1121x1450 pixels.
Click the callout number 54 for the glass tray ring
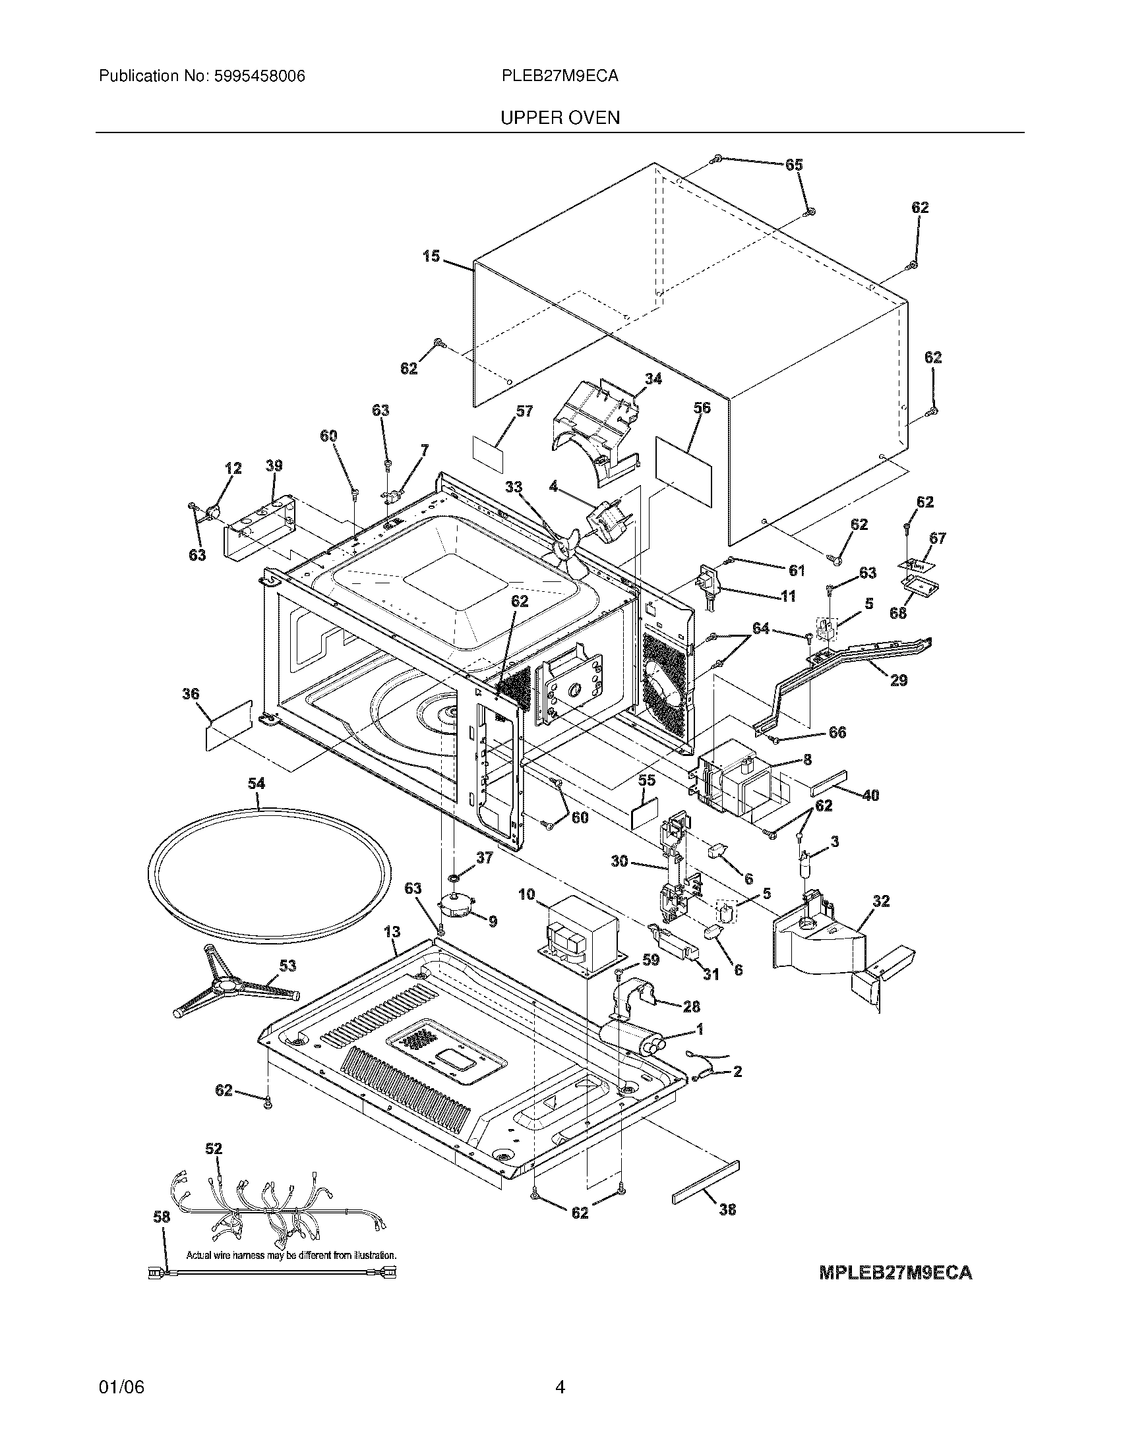point(257,784)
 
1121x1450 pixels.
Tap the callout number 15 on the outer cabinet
point(431,256)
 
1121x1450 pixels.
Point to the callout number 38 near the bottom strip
point(727,1209)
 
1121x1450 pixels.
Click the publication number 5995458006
point(260,76)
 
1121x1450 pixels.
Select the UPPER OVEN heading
point(560,118)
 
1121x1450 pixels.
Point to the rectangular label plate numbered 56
point(683,461)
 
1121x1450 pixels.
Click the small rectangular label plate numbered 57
point(487,453)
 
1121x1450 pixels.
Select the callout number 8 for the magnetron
point(807,759)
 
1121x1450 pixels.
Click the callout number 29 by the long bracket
point(898,681)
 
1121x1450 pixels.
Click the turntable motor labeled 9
point(458,906)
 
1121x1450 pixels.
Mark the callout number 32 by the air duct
point(881,902)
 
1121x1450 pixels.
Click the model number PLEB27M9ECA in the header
point(560,76)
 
